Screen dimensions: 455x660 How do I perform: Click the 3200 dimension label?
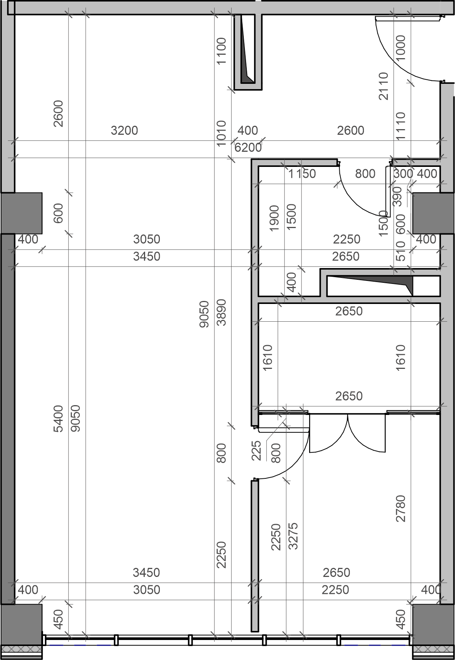[x=124, y=131]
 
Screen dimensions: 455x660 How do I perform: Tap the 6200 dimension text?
[x=248, y=147]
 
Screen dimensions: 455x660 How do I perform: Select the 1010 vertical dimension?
[x=222, y=133]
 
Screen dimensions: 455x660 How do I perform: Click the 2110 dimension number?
[x=384, y=86]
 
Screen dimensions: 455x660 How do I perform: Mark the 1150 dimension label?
[x=302, y=174]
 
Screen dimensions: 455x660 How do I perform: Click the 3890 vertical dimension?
[x=222, y=312]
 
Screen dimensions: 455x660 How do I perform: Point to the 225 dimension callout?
[x=257, y=450]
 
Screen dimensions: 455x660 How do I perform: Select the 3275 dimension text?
[x=293, y=536]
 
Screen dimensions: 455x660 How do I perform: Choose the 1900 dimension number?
[x=275, y=218]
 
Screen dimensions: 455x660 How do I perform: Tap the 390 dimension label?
[x=398, y=196]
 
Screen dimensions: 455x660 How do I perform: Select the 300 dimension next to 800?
[x=403, y=174]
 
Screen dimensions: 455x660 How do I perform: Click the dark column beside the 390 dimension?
[x=426, y=213]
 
